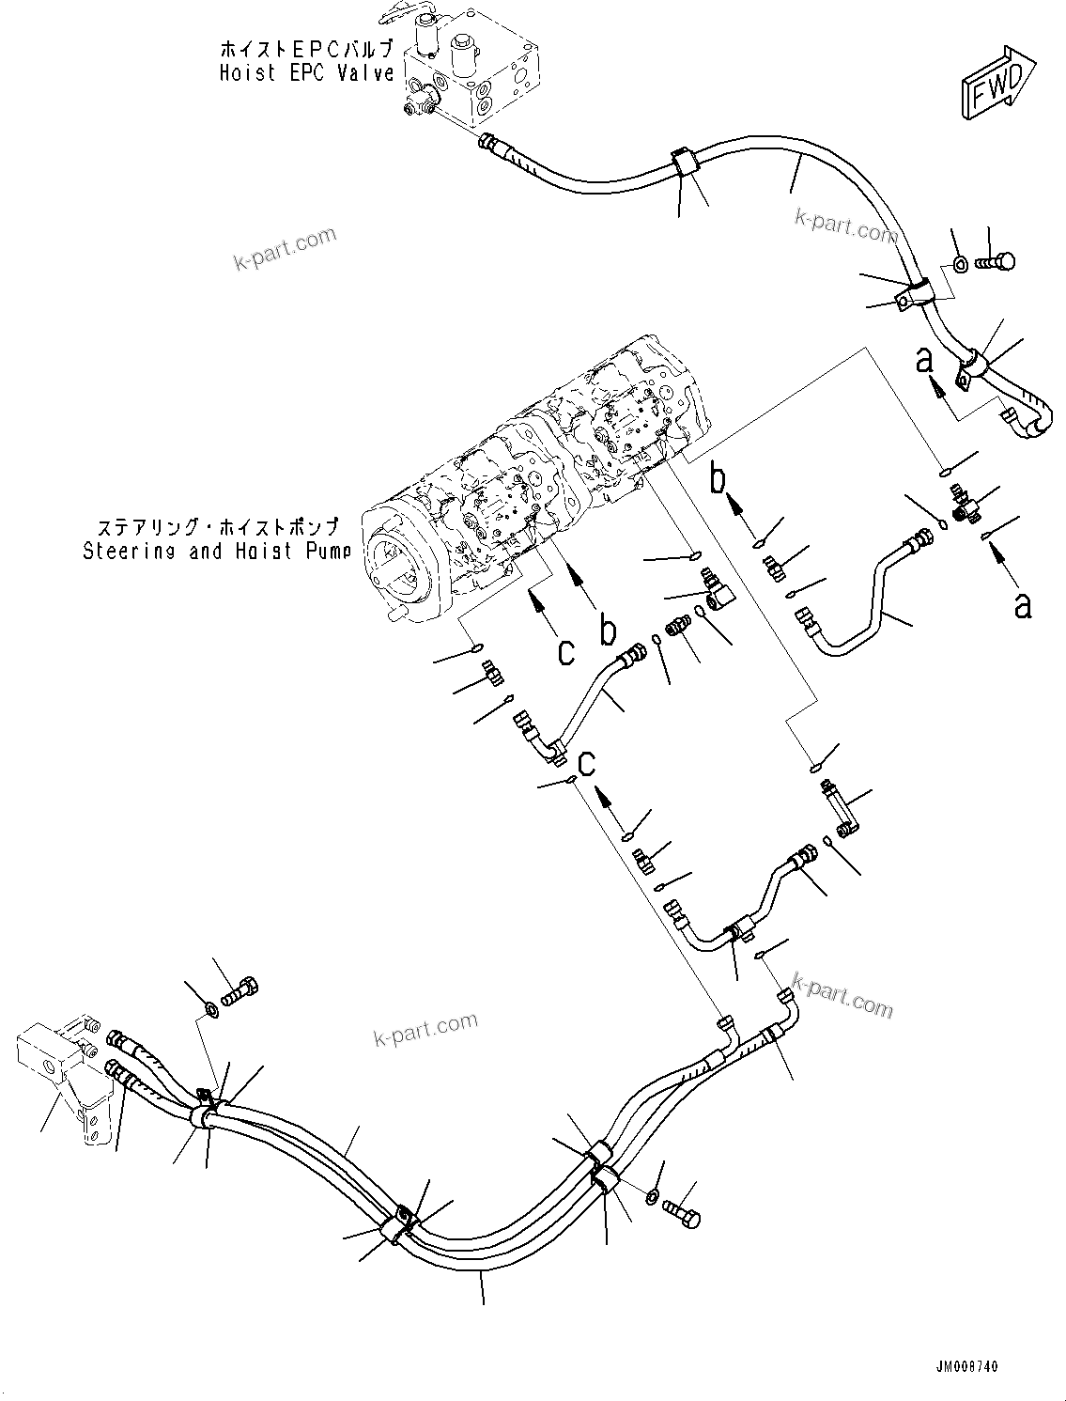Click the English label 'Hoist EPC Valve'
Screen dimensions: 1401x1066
(306, 72)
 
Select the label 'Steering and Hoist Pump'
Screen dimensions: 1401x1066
(216, 551)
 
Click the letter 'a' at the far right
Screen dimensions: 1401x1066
(1023, 605)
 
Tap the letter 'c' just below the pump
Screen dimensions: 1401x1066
(565, 650)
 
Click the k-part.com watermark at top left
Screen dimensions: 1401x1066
(285, 248)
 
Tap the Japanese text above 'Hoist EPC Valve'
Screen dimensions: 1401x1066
(306, 48)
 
